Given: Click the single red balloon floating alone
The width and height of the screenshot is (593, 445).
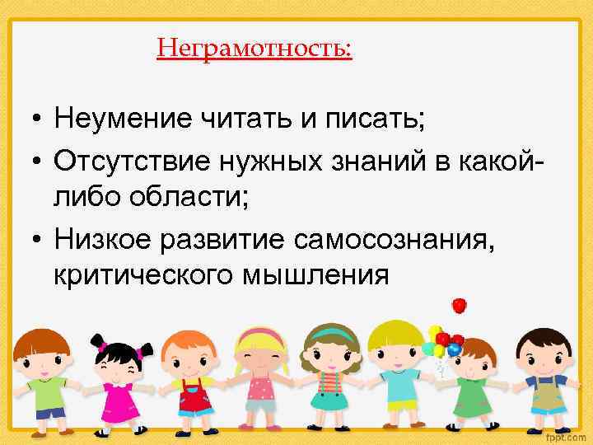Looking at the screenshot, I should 460,306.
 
